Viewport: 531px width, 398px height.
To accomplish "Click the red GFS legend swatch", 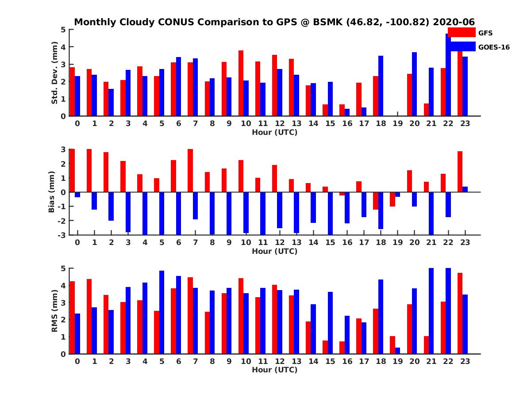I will pyautogui.click(x=461, y=32).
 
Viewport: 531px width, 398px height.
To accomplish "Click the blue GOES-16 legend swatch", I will pyautogui.click(x=461, y=47).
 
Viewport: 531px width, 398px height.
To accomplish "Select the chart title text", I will pyautogui.click(x=274, y=22).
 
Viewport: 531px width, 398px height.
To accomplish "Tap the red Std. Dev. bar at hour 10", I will pyautogui.click(x=241, y=83).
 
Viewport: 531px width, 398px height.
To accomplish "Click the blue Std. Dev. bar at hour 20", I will pyautogui.click(x=414, y=84).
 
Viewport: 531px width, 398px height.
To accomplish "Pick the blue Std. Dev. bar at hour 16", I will pyautogui.click(x=347, y=112).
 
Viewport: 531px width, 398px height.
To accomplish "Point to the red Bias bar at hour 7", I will pyautogui.click(x=190, y=170).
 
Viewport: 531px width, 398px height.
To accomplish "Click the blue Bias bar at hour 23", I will pyautogui.click(x=465, y=189).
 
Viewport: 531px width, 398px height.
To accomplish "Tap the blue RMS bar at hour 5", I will pyautogui.click(x=162, y=312).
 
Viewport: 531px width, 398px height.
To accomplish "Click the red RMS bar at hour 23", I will pyautogui.click(x=460, y=313).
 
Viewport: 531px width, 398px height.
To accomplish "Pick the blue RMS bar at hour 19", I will pyautogui.click(x=397, y=351).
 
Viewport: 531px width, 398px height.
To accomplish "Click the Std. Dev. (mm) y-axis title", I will pyautogui.click(x=55, y=73).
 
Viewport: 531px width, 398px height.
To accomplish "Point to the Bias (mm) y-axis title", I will pyautogui.click(x=51, y=192).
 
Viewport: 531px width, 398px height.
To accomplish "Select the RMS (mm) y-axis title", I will pyautogui.click(x=55, y=311).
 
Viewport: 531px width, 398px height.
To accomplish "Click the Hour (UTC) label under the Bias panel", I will pyautogui.click(x=274, y=251).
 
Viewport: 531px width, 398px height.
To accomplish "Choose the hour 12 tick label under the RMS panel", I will pyautogui.click(x=280, y=361).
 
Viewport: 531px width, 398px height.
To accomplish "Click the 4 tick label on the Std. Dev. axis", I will pyautogui.click(x=64, y=47).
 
